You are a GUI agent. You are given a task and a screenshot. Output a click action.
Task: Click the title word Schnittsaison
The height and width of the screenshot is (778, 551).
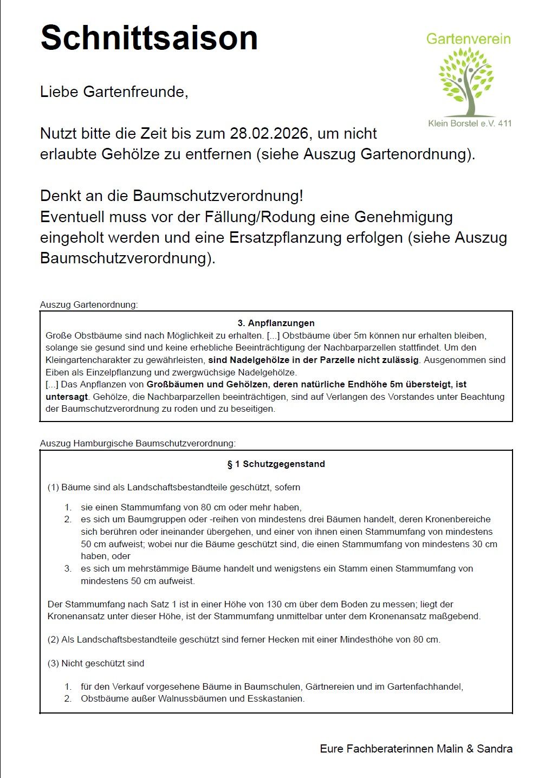point(149,38)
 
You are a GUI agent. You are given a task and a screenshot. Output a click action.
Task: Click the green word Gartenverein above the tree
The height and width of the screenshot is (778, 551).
point(468,39)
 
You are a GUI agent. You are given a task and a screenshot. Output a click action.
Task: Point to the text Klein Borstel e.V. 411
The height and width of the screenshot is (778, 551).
point(470,123)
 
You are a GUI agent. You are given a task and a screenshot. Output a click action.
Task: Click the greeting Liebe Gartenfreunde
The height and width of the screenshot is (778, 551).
point(114,92)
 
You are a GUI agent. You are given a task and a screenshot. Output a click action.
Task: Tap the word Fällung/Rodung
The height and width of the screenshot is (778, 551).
point(260,217)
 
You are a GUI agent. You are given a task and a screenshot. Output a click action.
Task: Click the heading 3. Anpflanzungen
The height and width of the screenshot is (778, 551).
point(276,323)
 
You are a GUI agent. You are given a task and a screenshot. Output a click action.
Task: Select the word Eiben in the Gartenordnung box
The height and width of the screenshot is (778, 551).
point(56,372)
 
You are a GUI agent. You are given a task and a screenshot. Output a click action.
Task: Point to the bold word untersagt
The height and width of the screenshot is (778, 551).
point(67,397)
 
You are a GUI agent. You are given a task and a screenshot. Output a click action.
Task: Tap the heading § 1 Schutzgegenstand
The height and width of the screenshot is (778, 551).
point(276,464)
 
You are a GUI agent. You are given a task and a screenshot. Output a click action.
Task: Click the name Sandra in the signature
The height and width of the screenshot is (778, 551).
point(495,749)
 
